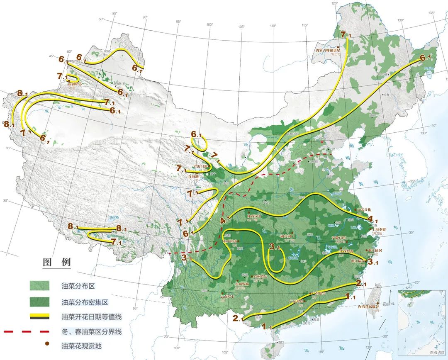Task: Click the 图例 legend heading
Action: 57,262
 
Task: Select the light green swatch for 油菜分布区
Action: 39,286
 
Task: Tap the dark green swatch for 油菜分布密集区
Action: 39,302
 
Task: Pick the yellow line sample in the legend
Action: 39,317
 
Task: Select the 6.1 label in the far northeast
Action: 426,58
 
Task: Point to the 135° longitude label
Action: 431,13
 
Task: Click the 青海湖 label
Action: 193,177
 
